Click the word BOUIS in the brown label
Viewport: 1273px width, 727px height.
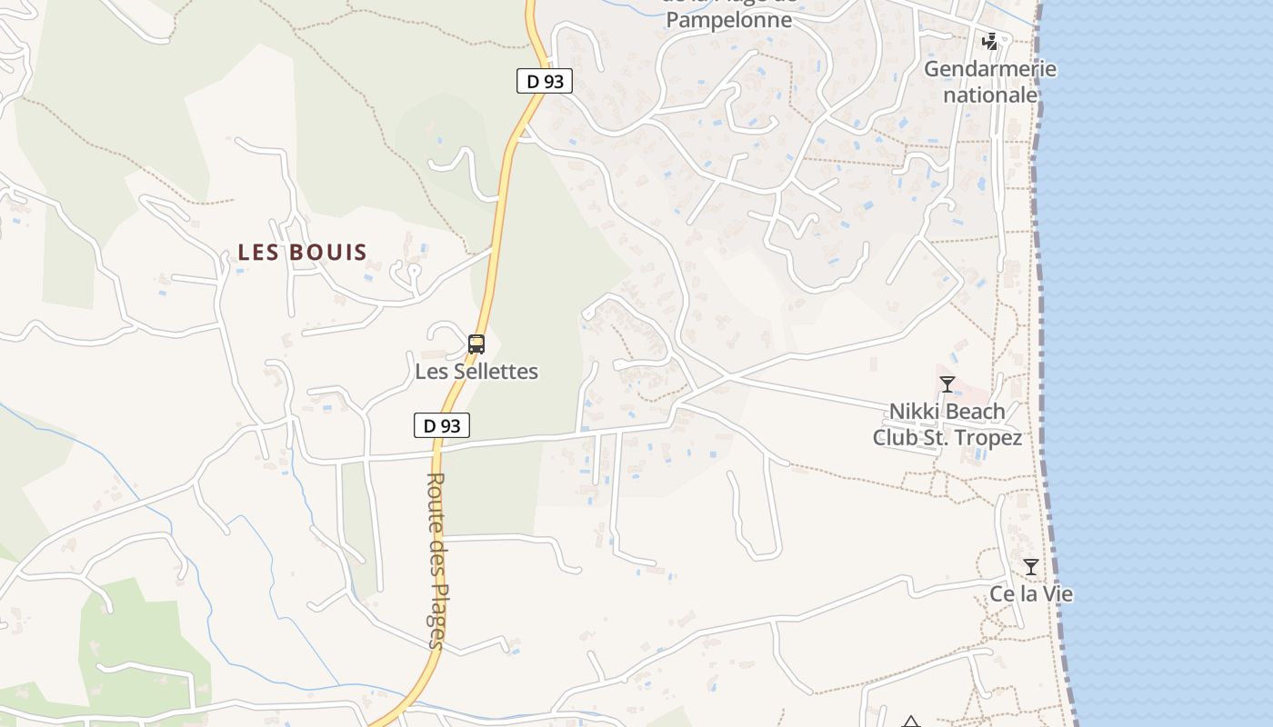328,253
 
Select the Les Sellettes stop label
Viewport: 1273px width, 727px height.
476,372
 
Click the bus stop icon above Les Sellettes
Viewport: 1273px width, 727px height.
476,344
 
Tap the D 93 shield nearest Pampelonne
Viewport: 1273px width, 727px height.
546,81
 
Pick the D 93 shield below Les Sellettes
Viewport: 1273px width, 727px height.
442,424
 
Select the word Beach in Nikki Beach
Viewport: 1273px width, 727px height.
975,412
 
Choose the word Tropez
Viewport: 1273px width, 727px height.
989,437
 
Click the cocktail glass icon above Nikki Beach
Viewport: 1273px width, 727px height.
947,384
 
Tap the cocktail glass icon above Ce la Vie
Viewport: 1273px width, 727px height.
1030,567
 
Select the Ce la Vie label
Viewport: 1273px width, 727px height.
1031,594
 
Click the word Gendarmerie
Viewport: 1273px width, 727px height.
990,69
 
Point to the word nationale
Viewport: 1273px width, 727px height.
990,95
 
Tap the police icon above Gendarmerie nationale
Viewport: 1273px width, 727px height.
990,42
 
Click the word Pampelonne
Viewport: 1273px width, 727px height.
729,20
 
